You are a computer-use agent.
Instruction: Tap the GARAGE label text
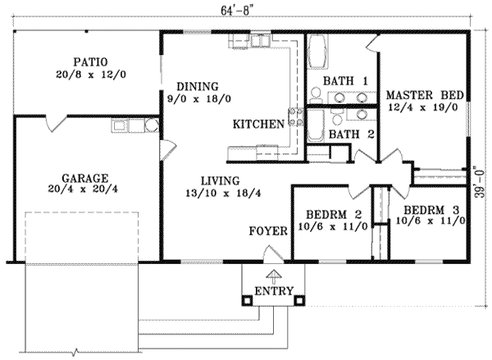[x=85, y=177]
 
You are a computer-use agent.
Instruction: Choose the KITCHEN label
[x=258, y=125]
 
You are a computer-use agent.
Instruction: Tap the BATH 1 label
[x=344, y=80]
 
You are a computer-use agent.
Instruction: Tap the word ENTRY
[x=273, y=292]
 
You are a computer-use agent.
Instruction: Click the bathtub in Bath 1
[x=317, y=57]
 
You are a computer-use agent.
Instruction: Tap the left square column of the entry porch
[x=247, y=300]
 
